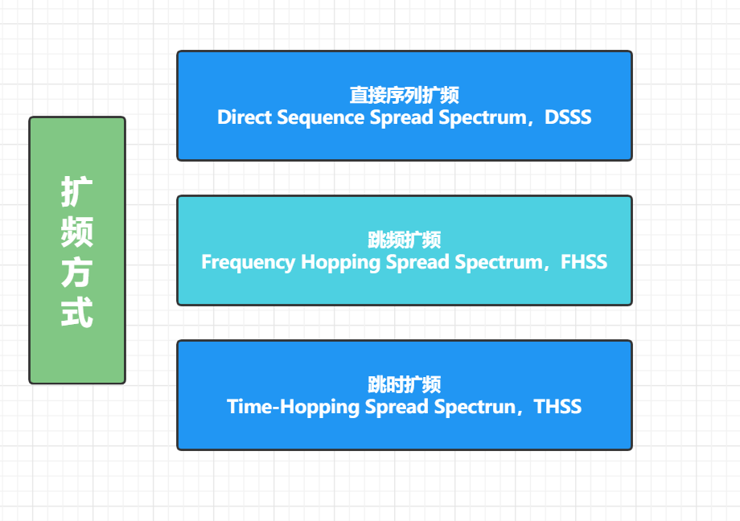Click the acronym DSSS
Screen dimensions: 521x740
pyautogui.click(x=568, y=117)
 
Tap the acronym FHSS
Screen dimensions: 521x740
pyautogui.click(x=583, y=262)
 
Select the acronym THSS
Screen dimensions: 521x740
pyautogui.click(x=557, y=407)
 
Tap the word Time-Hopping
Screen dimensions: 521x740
pyautogui.click(x=294, y=407)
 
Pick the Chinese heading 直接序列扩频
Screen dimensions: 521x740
pyautogui.click(x=405, y=96)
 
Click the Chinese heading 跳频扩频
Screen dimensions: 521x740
pyautogui.click(x=405, y=240)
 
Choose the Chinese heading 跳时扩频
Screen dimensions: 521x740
pyautogui.click(x=405, y=385)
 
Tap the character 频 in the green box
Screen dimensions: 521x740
pyautogui.click(x=77, y=232)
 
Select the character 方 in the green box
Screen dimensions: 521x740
pyautogui.click(x=77, y=273)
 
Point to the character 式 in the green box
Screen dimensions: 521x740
pyautogui.click(x=77, y=313)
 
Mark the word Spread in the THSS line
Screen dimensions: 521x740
pyautogui.click(x=397, y=407)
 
